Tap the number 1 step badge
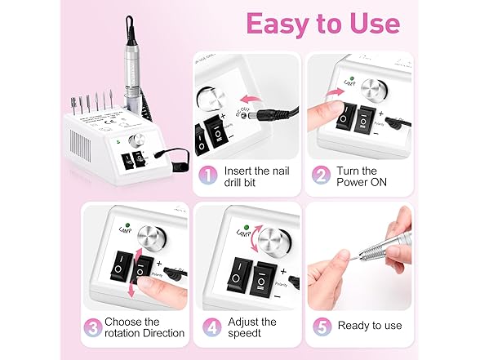[x=208, y=176]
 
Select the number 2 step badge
[x=321, y=176]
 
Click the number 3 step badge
[x=93, y=327]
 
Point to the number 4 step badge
[x=212, y=327]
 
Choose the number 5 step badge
[x=322, y=327]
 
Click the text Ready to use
[x=370, y=326]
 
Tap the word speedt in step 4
[x=245, y=333]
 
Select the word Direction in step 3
[x=164, y=333]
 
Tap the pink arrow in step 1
[x=251, y=99]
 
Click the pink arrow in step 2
[x=335, y=91]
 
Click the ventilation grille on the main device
[x=81, y=145]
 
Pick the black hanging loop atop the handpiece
[x=129, y=30]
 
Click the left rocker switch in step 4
[x=239, y=274]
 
